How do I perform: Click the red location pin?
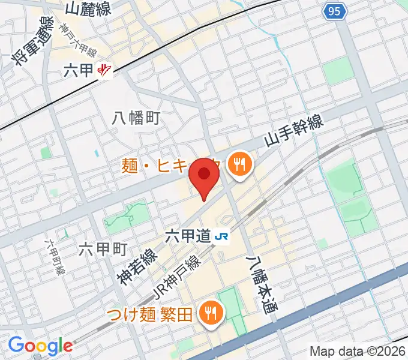tap(205, 176)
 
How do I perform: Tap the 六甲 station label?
tap(79, 71)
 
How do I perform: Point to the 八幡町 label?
tap(136, 118)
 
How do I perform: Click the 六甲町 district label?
tap(103, 249)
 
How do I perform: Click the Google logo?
tap(40, 346)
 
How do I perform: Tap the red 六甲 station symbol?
tap(105, 71)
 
